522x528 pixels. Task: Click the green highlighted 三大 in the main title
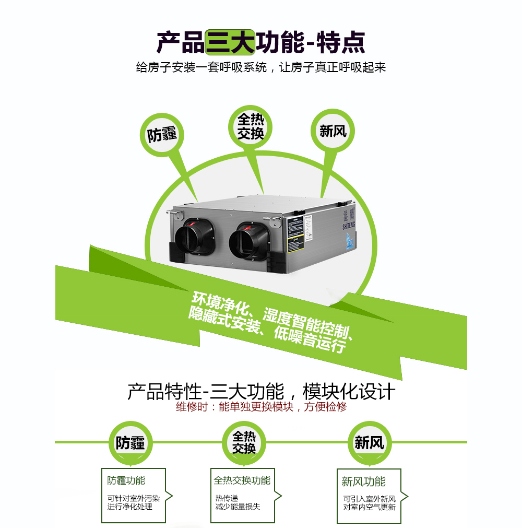230,42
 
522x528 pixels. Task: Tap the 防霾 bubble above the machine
162,134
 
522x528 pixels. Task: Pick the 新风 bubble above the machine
333,130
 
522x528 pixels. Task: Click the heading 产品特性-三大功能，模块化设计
261,391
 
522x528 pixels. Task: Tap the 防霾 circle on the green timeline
130,443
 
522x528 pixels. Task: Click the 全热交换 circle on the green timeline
244,442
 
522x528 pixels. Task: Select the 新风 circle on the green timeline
369,443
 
